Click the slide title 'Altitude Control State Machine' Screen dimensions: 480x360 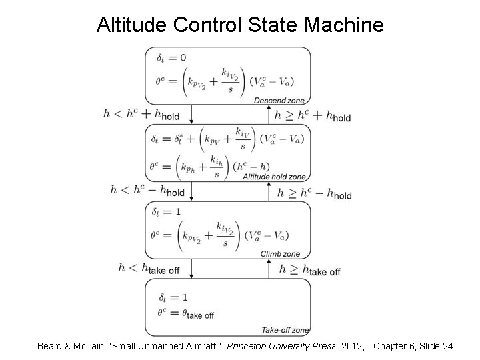(x=240, y=25)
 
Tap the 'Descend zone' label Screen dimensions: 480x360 (x=280, y=100)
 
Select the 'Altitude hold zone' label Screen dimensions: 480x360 (x=274, y=177)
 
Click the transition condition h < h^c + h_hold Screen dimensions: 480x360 (x=141, y=114)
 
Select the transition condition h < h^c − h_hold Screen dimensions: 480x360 (x=147, y=191)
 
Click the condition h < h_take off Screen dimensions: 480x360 (x=149, y=268)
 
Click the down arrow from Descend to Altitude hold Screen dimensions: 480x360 (x=191, y=114)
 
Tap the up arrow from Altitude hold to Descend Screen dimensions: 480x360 (x=269, y=114)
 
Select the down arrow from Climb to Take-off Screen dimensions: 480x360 (x=191, y=268)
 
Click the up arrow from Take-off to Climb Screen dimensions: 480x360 (x=269, y=268)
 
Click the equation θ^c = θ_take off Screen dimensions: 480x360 (x=186, y=312)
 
